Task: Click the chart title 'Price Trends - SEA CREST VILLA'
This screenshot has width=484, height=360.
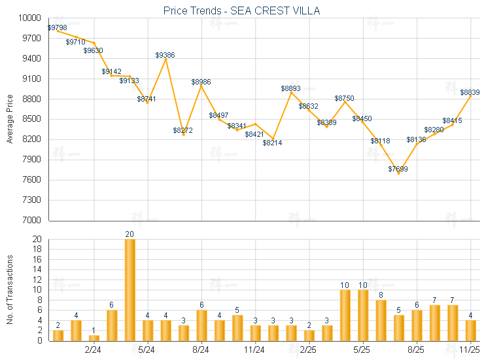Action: point(241,11)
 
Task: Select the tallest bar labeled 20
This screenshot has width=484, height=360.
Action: point(130,289)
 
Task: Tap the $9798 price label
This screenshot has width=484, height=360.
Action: point(58,27)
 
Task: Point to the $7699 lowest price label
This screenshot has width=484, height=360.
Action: point(398,169)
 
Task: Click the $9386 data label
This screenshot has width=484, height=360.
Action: point(165,56)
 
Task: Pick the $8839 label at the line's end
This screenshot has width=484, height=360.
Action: point(470,93)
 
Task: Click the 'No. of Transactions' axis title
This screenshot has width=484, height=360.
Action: point(10,289)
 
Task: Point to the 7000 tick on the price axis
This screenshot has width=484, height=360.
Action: point(33,221)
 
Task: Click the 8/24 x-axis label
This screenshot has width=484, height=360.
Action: point(201,350)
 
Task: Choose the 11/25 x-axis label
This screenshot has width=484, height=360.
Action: point(470,350)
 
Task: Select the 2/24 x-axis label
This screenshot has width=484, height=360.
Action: point(94,350)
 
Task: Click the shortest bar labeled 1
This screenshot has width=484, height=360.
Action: point(94,338)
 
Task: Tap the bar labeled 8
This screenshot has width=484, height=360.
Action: point(380,320)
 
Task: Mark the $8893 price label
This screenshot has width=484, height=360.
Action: point(291,88)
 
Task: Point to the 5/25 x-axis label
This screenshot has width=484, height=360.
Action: point(362,350)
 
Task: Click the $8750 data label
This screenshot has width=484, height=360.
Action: point(345,98)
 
